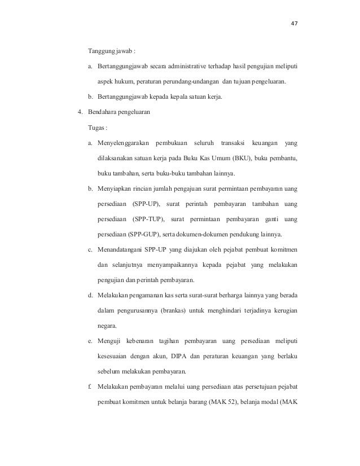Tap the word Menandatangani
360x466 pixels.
point(120,249)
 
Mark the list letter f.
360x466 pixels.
point(90,387)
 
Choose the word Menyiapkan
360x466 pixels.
point(115,188)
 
